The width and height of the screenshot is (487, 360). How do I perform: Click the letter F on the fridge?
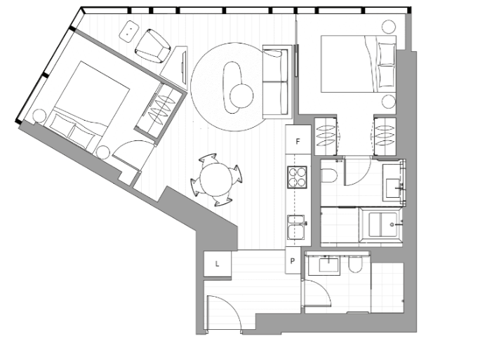tap(298, 142)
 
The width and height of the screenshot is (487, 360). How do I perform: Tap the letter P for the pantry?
tap(292, 261)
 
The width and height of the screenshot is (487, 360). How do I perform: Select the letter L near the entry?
tap(217, 264)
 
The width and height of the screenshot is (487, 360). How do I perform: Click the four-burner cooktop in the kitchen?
tap(298, 177)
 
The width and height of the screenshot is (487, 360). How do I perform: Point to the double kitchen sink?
tap(295, 227)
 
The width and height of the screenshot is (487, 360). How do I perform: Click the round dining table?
tap(216, 179)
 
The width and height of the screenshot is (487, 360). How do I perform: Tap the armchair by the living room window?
tap(153, 46)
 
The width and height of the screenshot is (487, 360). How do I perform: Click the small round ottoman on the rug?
tap(241, 95)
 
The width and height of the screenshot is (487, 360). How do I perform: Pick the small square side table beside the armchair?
tap(129, 31)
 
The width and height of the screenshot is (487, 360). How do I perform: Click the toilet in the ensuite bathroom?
tap(329, 175)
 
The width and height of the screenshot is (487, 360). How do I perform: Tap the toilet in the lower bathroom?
tap(354, 264)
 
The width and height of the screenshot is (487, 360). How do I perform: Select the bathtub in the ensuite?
tap(381, 225)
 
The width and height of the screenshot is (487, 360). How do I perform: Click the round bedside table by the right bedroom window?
tap(389, 27)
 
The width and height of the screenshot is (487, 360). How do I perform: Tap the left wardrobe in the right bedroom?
tap(326, 135)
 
